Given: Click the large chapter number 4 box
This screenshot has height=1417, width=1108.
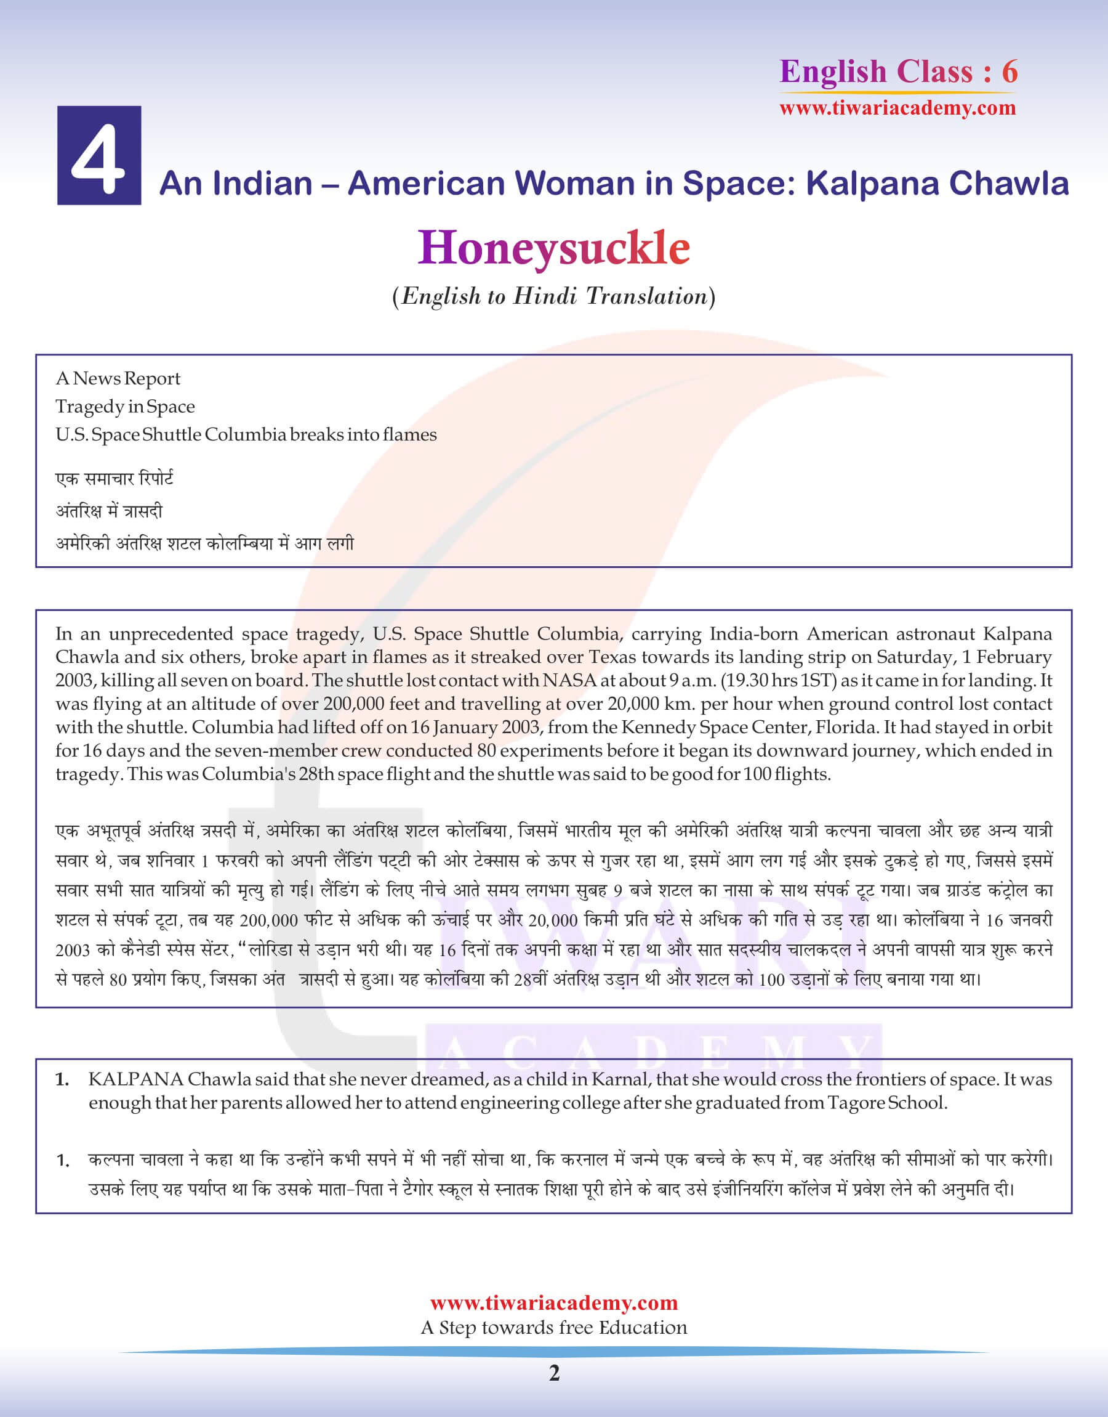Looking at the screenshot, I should click(x=98, y=156).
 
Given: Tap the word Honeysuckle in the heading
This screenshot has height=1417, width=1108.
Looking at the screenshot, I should click(x=553, y=248).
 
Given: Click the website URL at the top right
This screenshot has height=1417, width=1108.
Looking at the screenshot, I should click(x=897, y=108).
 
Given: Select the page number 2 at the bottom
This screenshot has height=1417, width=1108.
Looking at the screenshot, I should click(x=554, y=1373).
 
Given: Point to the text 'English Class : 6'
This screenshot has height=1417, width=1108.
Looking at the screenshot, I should click(x=898, y=71).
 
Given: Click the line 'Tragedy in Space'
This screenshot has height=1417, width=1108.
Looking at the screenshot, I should click(x=125, y=407).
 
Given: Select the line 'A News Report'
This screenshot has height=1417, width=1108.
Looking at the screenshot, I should click(x=118, y=378).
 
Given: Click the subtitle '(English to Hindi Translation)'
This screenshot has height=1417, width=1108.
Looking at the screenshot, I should click(x=553, y=296).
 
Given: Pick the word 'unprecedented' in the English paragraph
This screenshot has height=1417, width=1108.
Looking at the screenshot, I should click(x=171, y=633).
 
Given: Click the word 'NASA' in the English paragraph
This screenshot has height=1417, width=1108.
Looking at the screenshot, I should click(x=569, y=680).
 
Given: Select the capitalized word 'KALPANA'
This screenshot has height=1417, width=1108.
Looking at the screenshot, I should click(x=135, y=1079).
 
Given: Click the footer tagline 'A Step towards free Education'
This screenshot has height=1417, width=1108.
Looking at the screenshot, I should click(x=554, y=1328).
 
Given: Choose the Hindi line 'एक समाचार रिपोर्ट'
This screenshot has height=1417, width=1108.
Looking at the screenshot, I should click(x=114, y=479).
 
